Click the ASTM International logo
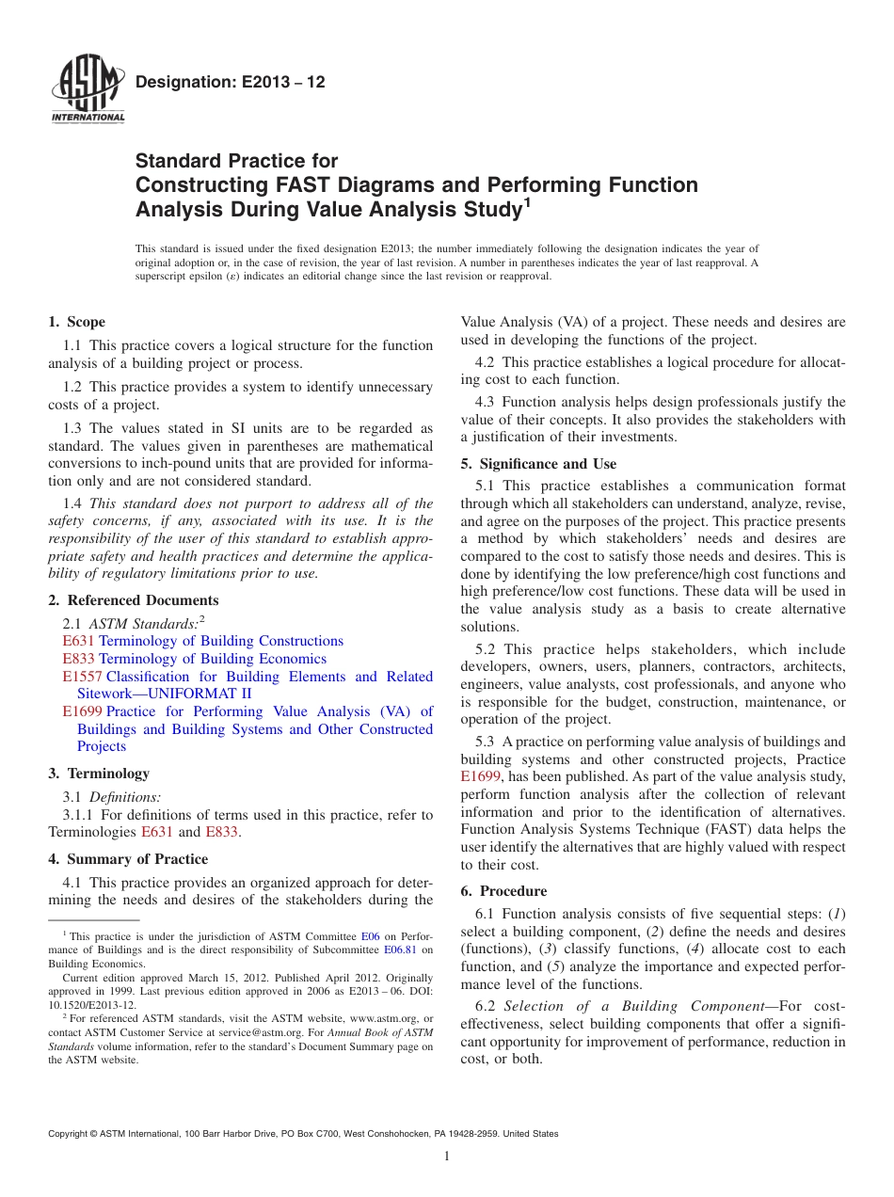point(88,89)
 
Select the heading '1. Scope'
point(77,322)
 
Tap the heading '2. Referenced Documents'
point(134,600)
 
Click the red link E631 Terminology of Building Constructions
point(202,641)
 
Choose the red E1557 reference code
point(83,677)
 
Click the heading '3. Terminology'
point(99,774)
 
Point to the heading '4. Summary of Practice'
point(128,859)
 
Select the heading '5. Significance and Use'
point(538,464)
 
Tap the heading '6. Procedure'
point(503,891)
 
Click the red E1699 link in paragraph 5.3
point(481,776)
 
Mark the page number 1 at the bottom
point(447,1157)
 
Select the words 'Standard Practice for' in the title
point(236,161)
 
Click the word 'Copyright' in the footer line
point(71,1134)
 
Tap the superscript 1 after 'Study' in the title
point(528,202)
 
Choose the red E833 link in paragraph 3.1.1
point(221,832)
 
